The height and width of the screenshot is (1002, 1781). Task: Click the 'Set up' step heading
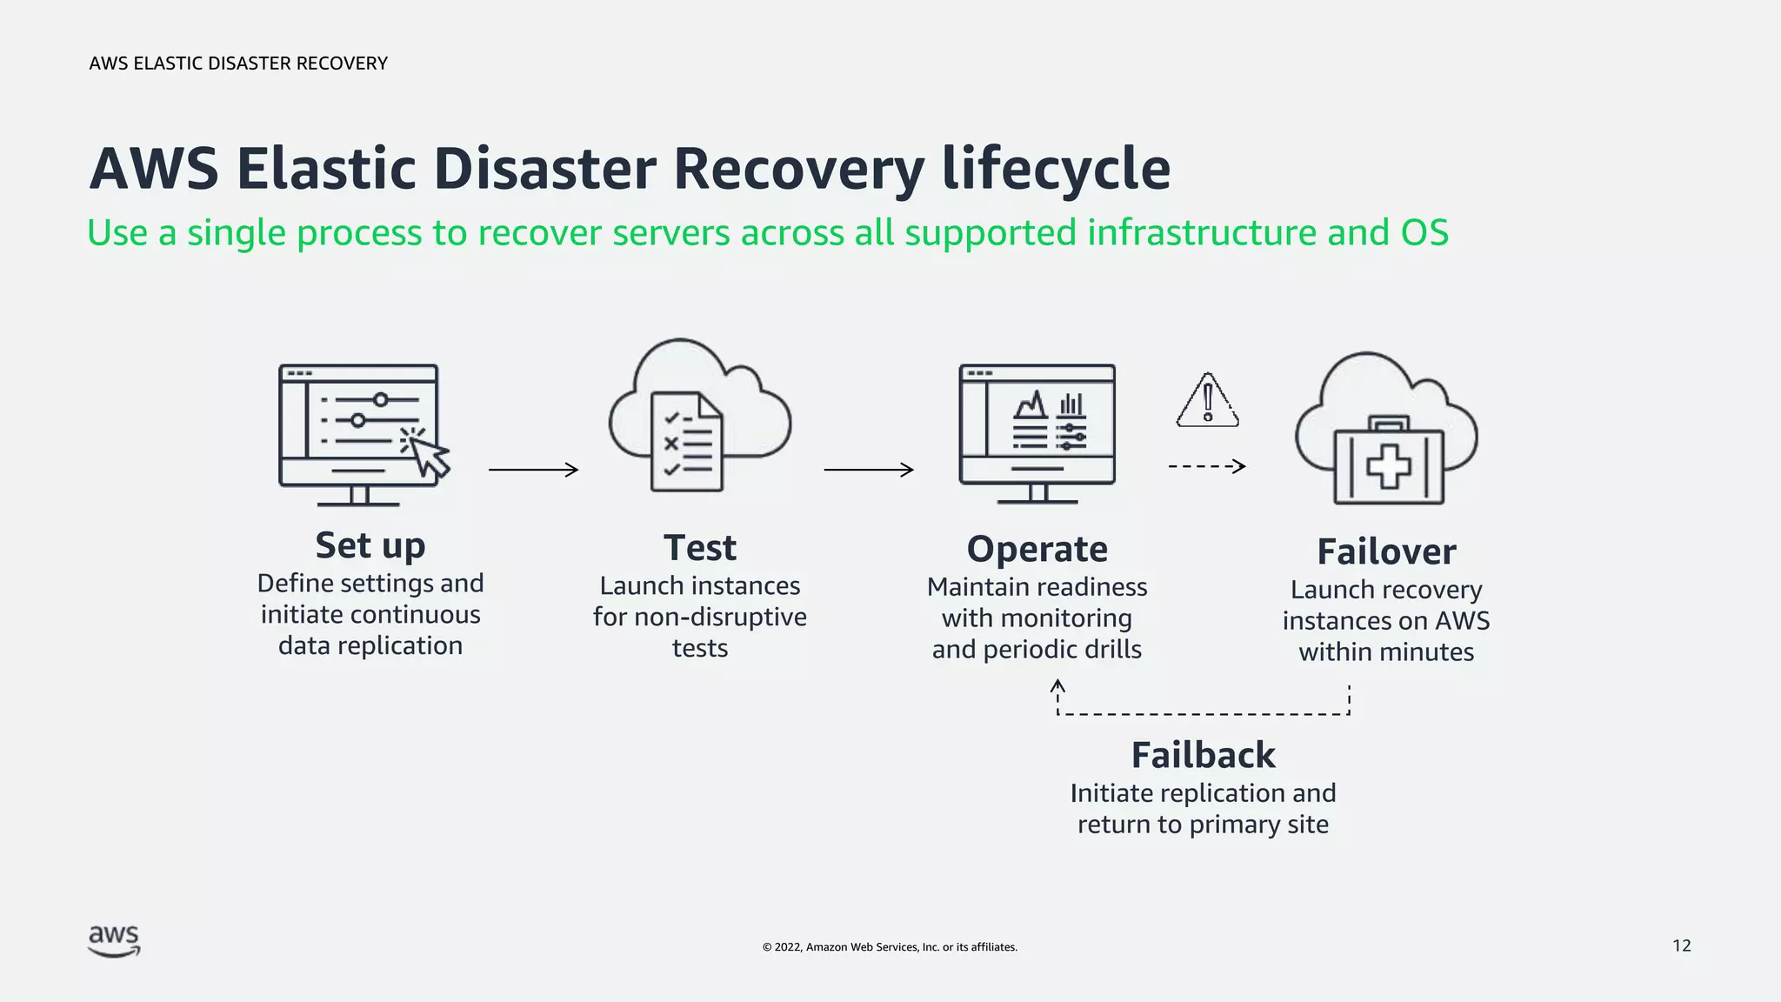point(370,546)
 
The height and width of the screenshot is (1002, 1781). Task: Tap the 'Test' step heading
point(699,549)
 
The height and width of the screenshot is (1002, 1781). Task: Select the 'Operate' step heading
point(1037,550)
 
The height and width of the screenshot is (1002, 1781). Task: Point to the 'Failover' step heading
point(1386,552)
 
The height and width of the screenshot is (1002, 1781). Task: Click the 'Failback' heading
point(1203,756)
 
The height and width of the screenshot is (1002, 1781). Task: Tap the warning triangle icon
point(1208,402)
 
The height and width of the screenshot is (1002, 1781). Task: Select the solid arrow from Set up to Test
point(533,470)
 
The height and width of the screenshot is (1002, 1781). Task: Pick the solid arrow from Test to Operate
point(869,470)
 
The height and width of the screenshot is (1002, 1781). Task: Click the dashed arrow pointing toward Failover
point(1207,467)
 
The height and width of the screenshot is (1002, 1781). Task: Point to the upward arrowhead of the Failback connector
point(1058,687)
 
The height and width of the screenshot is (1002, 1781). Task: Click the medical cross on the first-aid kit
point(1389,466)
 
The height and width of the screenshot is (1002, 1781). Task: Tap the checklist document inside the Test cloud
point(687,443)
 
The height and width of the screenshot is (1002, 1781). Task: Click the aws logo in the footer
point(114,941)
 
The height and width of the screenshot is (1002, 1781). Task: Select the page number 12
point(1682,946)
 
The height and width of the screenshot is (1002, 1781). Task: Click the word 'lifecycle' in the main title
point(1056,169)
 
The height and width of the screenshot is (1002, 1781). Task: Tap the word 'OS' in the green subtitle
point(1424,233)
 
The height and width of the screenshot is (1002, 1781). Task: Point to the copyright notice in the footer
point(890,947)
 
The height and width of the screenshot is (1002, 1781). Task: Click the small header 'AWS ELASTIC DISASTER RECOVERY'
point(238,63)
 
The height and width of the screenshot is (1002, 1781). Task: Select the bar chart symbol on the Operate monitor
point(1071,404)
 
